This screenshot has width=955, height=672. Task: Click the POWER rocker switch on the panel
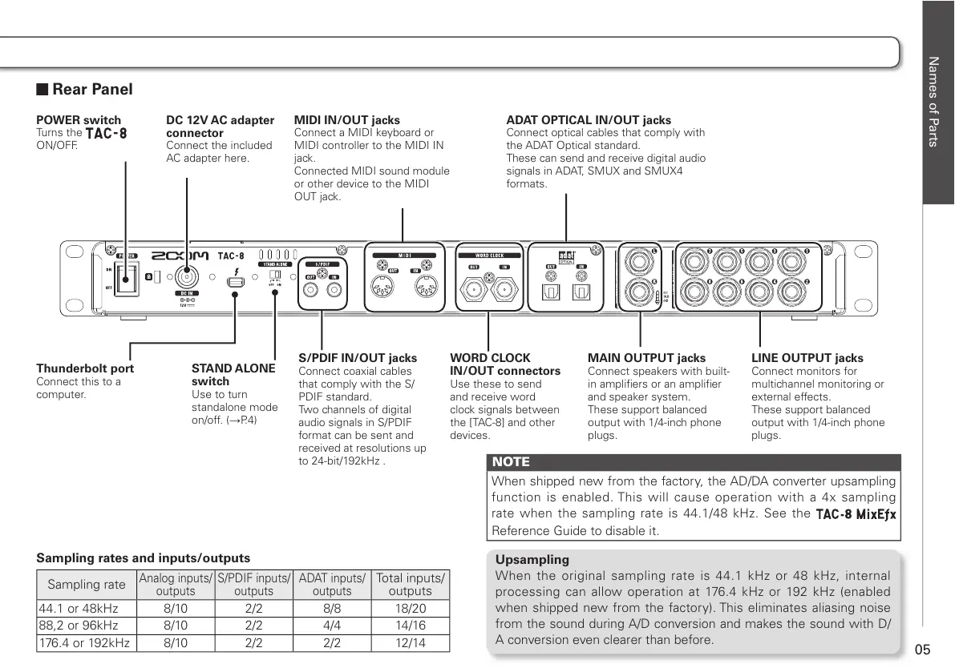125,280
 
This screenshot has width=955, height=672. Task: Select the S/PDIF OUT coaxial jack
310,293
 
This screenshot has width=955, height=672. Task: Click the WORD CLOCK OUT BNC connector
475,289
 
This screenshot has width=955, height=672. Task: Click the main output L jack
641,260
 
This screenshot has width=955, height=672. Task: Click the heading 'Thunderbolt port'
85,368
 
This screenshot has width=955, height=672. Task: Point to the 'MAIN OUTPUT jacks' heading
646,358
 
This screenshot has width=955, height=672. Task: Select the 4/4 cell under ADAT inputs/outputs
331,626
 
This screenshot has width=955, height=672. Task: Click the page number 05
922,649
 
